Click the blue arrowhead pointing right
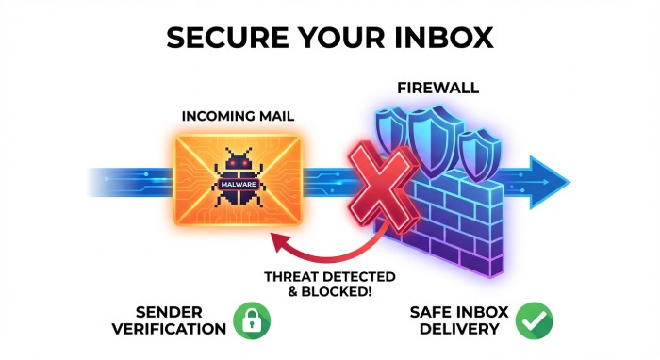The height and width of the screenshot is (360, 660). [549, 179]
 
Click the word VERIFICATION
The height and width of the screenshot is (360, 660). [170, 329]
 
